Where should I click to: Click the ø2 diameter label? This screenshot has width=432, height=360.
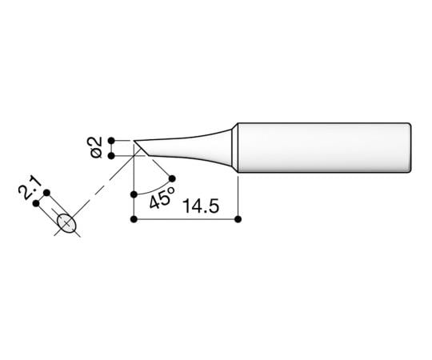(x=94, y=147)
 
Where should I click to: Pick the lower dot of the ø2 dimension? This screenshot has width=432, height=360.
(x=111, y=155)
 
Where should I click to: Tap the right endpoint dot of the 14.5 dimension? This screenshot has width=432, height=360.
(x=238, y=219)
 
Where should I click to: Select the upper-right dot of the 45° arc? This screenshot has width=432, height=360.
(x=171, y=175)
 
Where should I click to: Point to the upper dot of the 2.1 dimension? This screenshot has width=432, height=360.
(x=47, y=193)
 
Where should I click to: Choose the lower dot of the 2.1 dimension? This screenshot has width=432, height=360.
(x=36, y=203)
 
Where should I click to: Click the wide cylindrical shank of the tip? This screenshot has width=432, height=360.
(x=320, y=147)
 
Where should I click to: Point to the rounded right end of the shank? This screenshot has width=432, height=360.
(x=410, y=147)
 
